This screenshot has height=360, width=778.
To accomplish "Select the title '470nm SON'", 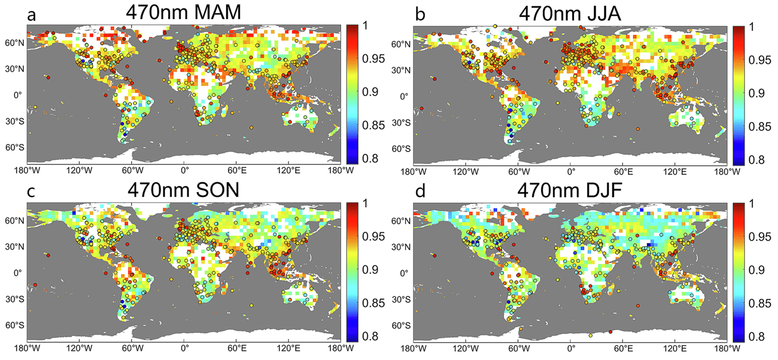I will [x=183, y=191].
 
